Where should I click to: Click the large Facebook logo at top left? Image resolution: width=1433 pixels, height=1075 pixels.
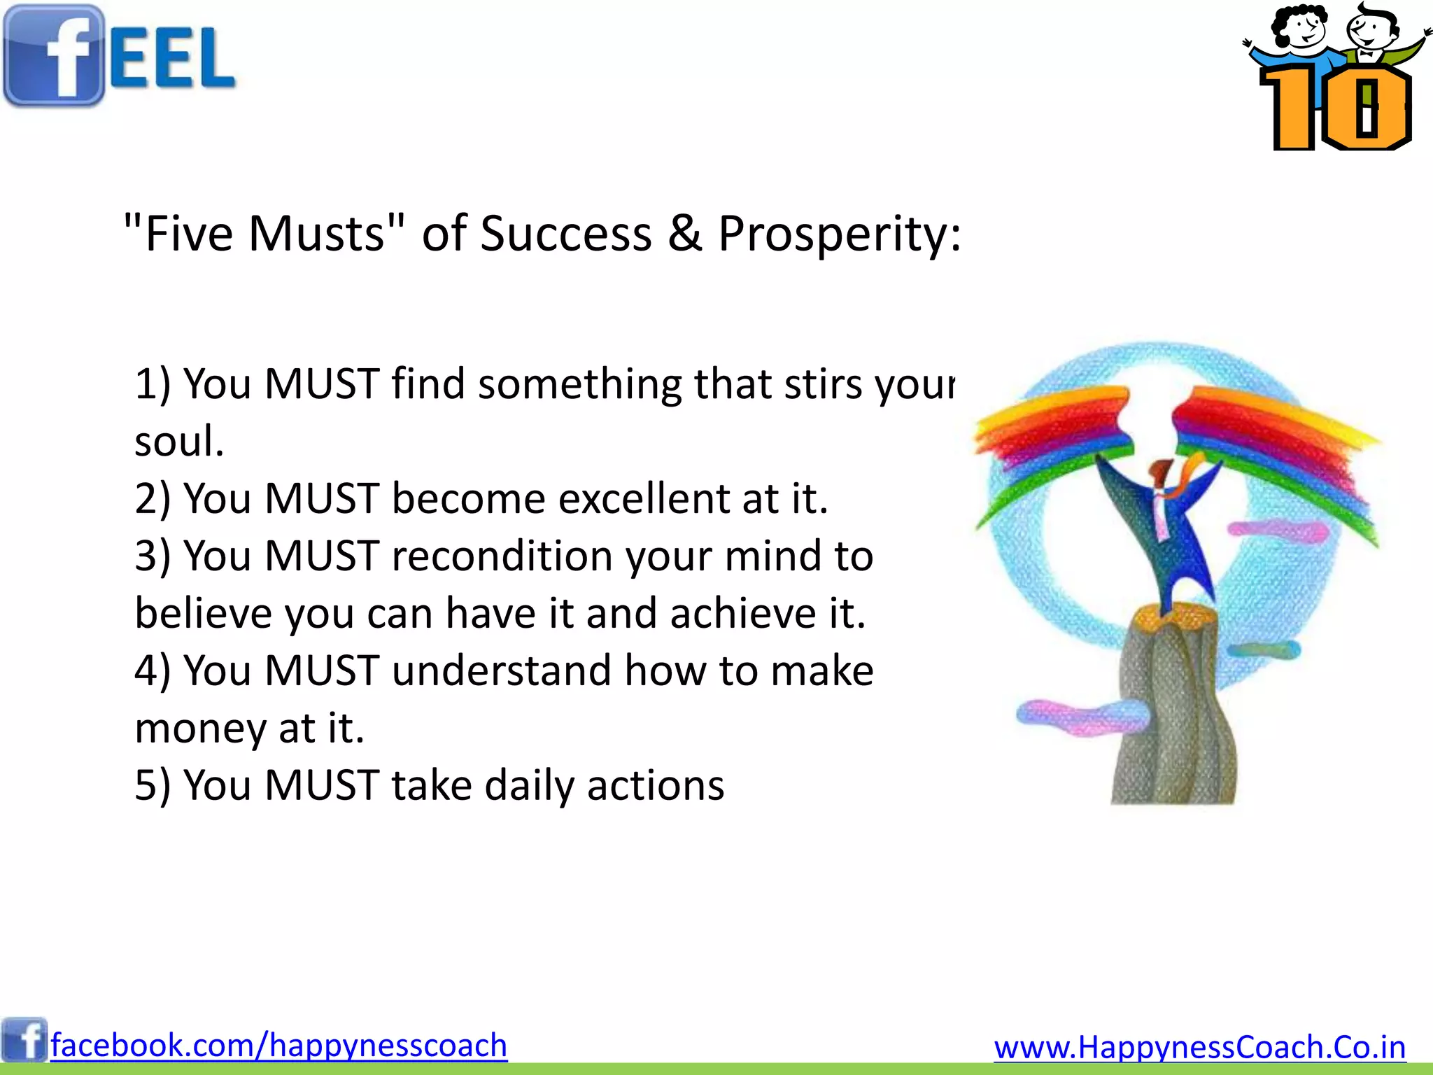click(53, 56)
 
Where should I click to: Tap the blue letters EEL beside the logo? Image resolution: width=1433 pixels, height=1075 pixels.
click(171, 59)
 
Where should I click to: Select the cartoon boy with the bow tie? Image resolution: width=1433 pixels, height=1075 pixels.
click(1372, 35)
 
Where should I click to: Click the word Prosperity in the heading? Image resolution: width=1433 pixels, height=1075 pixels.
click(838, 233)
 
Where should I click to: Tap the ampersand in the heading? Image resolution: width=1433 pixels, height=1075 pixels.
click(684, 233)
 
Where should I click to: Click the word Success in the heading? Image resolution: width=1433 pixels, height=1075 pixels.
click(565, 233)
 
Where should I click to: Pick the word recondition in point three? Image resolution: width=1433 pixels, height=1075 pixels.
click(502, 556)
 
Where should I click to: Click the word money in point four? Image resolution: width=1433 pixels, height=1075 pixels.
click(200, 729)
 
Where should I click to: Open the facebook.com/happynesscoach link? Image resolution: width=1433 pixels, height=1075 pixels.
click(278, 1046)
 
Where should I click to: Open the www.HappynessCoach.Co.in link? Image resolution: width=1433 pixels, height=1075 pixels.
click(1199, 1048)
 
